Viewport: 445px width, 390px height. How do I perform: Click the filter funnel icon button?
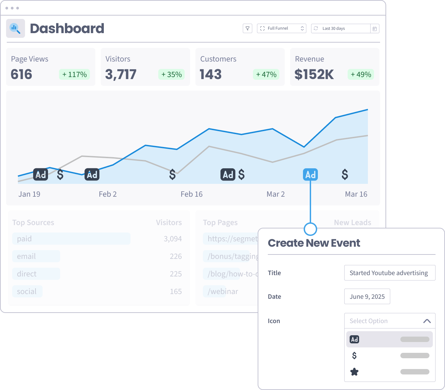[248, 28]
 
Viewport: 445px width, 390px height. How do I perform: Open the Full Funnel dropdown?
[282, 28]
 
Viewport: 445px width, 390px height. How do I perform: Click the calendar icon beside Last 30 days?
[375, 29]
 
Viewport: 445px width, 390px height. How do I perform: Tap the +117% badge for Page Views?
[74, 74]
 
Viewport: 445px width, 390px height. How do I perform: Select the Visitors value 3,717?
[121, 74]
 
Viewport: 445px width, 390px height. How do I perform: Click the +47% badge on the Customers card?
[266, 74]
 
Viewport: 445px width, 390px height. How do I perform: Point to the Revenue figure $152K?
[314, 74]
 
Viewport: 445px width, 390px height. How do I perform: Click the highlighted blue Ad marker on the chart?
[310, 174]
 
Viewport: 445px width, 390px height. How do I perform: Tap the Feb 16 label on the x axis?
[191, 194]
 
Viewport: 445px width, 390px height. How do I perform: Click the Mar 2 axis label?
[276, 194]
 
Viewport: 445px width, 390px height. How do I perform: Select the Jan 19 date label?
[29, 194]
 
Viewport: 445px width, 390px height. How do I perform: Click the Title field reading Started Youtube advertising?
[390, 273]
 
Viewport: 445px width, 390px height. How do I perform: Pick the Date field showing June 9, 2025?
[367, 296]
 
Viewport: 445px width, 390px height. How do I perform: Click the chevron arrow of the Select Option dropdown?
[427, 321]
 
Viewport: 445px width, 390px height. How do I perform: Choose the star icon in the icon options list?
[354, 372]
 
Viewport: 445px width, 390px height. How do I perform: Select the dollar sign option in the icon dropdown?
[354, 356]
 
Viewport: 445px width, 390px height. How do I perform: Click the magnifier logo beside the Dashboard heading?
[16, 28]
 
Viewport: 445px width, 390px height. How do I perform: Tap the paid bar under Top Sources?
[71, 239]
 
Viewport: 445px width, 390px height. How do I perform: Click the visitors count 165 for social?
[176, 291]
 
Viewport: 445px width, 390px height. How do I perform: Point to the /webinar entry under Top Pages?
[223, 291]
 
